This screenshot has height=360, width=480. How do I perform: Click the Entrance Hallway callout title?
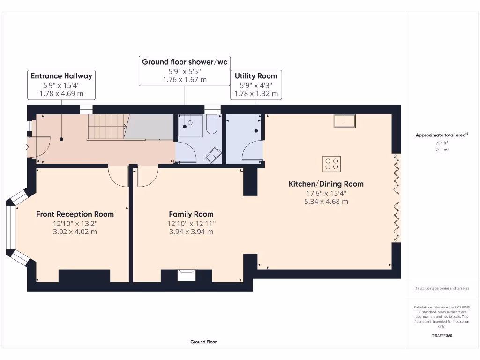click(61, 76)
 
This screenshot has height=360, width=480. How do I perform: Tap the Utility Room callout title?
click(255, 76)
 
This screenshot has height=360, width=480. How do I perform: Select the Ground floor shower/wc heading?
click(184, 62)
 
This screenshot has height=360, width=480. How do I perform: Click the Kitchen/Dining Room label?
click(326, 184)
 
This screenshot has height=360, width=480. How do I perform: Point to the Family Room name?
click(191, 214)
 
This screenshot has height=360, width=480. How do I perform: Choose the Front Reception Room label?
click(75, 214)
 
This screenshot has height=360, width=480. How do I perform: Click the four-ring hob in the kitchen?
click(331, 163)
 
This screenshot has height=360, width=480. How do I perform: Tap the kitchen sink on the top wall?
click(345, 121)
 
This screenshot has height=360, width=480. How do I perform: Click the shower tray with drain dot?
click(190, 125)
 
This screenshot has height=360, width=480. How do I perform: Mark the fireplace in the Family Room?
click(186, 274)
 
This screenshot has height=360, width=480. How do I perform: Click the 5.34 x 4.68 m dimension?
click(326, 202)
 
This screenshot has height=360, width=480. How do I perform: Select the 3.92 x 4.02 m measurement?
click(75, 232)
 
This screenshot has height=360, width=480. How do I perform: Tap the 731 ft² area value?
click(442, 143)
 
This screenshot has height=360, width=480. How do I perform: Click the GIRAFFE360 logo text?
click(442, 336)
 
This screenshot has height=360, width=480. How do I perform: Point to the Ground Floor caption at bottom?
click(203, 342)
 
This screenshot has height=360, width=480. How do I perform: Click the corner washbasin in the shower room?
click(214, 155)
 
